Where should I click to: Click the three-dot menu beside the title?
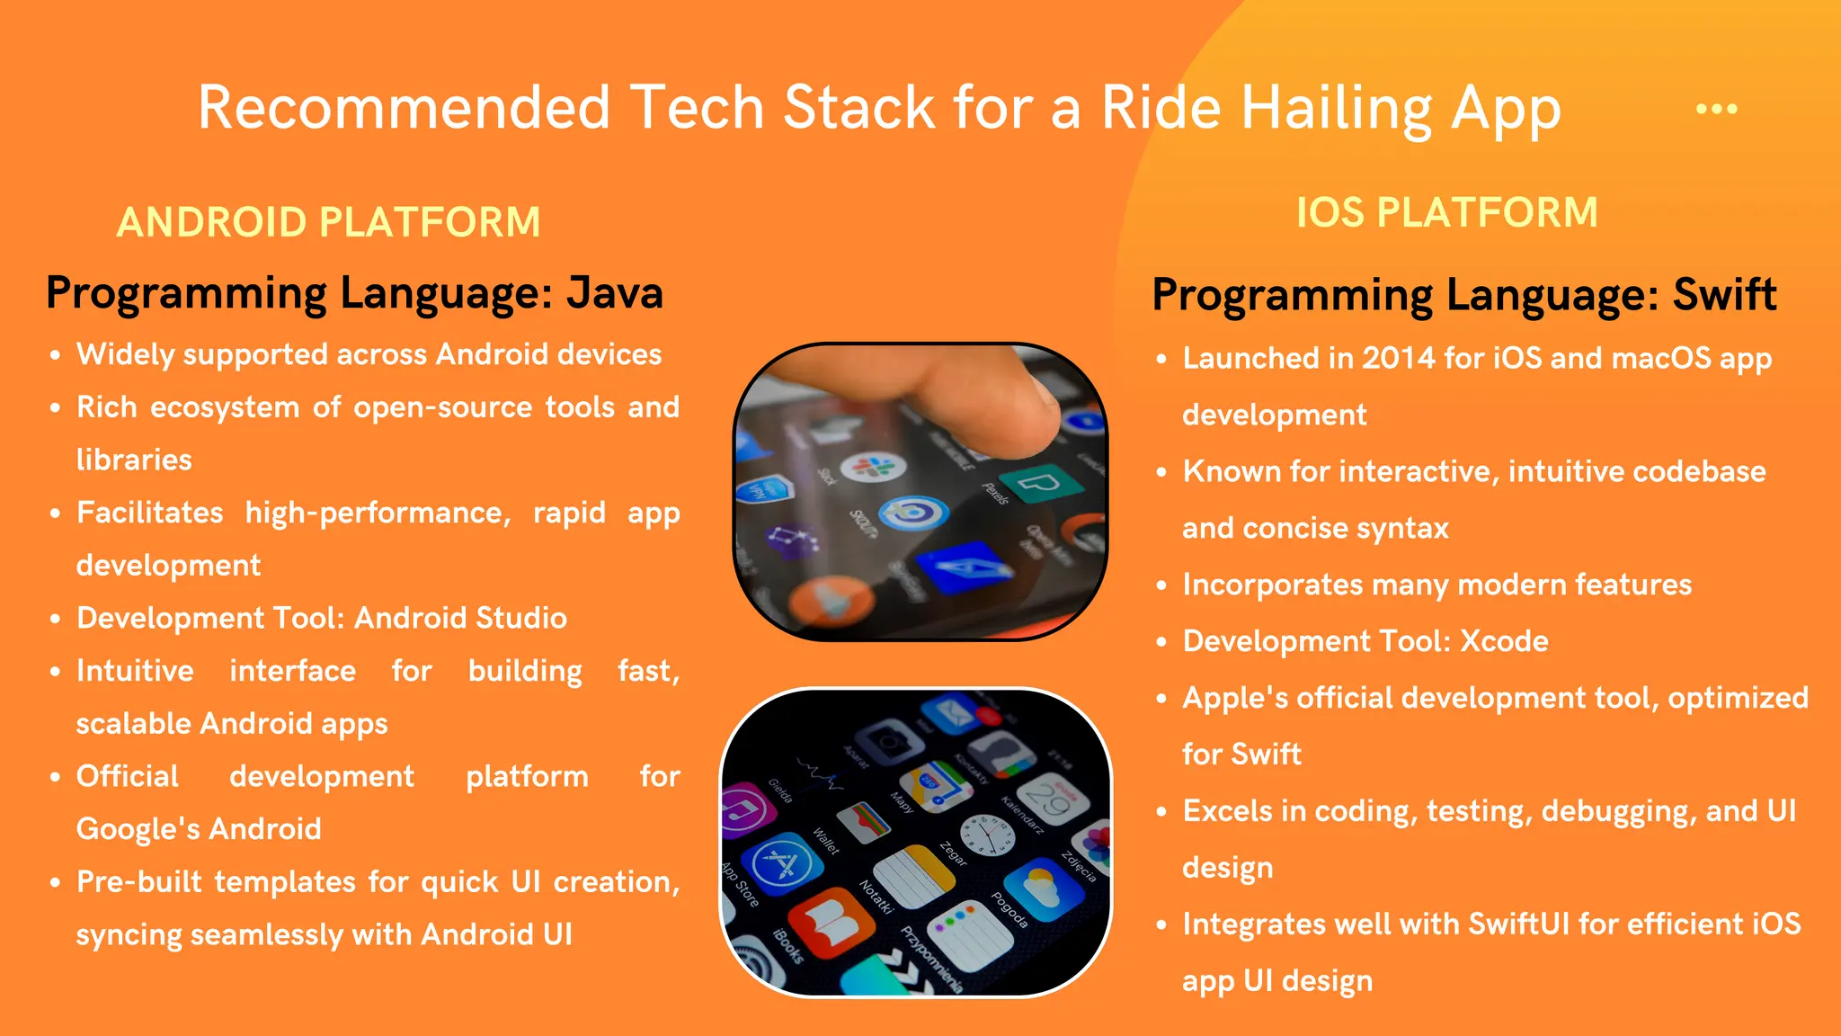tap(1716, 109)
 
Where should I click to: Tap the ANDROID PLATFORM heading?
tap(329, 222)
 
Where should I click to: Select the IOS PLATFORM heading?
tap(1446, 213)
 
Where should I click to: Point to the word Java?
tap(615, 293)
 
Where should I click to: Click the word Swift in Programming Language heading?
tap(1724, 295)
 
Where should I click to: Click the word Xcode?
tap(1504, 641)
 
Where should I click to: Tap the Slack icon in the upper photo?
tap(872, 468)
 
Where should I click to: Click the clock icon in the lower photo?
tap(987, 835)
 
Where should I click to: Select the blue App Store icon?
tap(781, 863)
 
